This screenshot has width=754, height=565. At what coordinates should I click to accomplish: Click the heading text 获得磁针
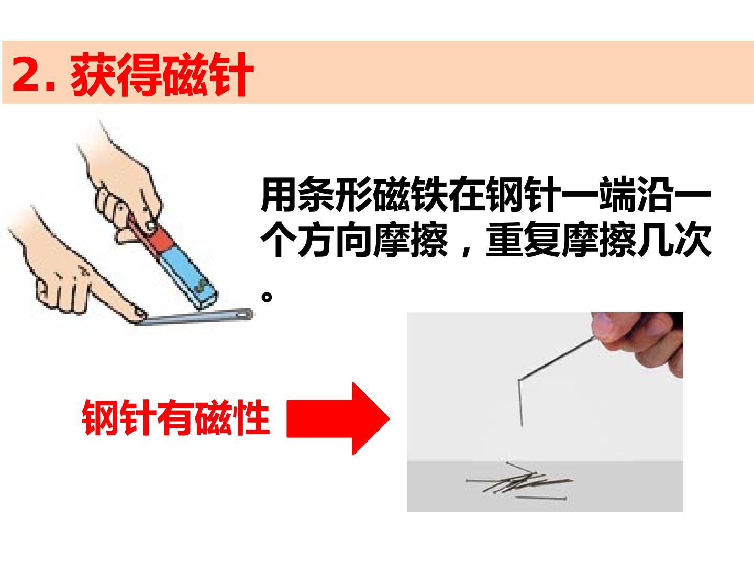pyautogui.click(x=162, y=74)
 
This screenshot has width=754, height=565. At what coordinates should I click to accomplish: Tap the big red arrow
pyautogui.click(x=338, y=419)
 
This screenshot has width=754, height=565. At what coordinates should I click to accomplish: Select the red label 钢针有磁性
pyautogui.click(x=176, y=417)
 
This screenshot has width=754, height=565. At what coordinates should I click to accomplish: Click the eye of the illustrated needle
pyautogui.click(x=245, y=313)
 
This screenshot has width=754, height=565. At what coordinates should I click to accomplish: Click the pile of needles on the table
pyautogui.click(x=519, y=481)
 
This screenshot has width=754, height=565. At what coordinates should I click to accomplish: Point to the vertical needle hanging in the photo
pyautogui.click(x=520, y=403)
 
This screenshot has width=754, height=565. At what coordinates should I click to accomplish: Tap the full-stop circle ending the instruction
pyautogui.click(x=267, y=297)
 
